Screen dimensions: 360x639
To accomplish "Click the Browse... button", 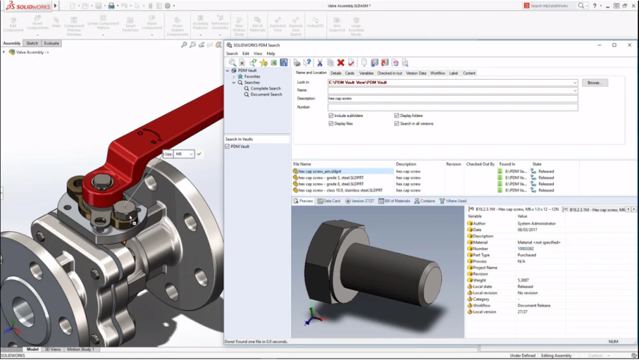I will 594,83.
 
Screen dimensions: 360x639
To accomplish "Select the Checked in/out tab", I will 389,73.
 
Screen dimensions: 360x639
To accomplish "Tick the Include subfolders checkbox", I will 331,116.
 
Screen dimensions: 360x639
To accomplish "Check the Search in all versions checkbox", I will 397,124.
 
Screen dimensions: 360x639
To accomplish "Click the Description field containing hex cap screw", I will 453,98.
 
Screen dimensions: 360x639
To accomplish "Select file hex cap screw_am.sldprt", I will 322,171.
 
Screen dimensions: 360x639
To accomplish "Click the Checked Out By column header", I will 479,164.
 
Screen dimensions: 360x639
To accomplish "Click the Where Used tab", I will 456,201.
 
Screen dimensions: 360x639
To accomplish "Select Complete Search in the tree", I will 265,89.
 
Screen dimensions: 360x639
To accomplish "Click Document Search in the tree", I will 266,94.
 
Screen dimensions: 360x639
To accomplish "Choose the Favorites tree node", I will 252,77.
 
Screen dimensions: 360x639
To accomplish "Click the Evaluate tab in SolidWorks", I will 52,43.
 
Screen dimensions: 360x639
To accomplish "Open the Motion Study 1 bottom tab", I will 81,349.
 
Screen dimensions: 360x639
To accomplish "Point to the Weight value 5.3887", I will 524,280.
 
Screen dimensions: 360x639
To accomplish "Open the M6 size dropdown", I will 191,154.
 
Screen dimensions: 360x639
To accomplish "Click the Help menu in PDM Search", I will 271,53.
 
